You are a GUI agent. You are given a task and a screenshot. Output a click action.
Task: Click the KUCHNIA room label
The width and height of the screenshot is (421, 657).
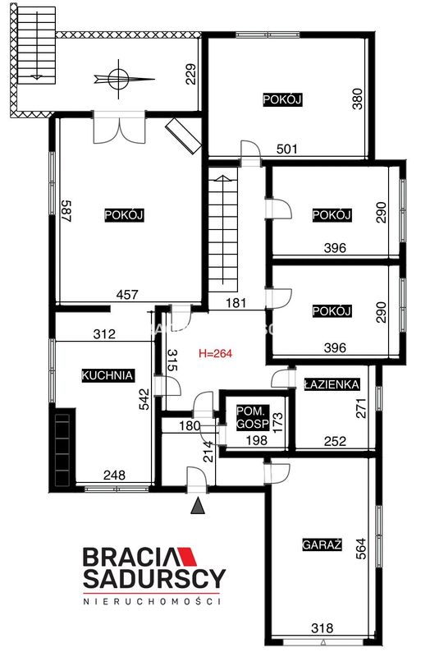pos(108,375)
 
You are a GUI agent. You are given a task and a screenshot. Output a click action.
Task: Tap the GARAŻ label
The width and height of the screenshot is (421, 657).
pos(322,544)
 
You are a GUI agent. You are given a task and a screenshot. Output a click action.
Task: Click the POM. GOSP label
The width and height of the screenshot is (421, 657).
pos(253,417)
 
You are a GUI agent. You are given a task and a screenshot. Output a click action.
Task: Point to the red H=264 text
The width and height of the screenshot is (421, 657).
pos(215,354)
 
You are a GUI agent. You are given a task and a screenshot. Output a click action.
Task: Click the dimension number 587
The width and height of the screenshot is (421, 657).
pos(67,211)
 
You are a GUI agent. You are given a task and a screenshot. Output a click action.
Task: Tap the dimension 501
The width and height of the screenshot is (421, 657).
pos(287,149)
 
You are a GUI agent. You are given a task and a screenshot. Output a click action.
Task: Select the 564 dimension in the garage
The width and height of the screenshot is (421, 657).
pos(360,549)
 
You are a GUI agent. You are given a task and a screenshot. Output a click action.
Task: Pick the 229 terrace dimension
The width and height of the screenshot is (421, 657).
pos(190,74)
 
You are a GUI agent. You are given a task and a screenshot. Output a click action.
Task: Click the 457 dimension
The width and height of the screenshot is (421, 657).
pos(127,295)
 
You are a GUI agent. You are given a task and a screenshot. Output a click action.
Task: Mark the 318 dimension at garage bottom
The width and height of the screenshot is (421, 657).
pos(323,627)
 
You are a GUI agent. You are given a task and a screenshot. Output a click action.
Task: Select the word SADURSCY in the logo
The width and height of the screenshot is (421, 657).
pos(154,579)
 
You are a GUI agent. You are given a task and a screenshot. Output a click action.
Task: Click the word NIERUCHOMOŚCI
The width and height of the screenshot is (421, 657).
pos(152,602)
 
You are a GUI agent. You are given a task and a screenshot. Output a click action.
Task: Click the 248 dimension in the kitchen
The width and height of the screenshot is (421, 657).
pos(114,476)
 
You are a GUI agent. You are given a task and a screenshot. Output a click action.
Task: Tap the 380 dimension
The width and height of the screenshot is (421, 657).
pos(357,99)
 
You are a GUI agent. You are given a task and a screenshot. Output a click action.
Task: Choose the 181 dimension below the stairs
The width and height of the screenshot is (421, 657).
pos(236,302)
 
